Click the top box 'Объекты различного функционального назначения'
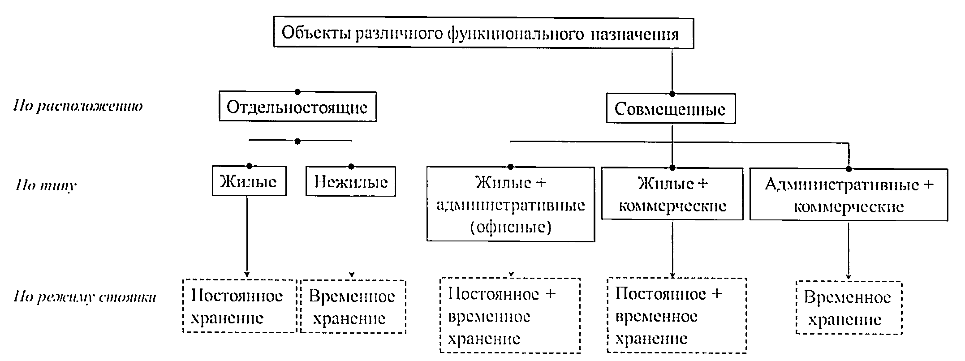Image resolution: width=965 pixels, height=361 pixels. tap(483, 34)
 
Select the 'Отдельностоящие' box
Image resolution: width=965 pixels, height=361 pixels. tap(297, 107)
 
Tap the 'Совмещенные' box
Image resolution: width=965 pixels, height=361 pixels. tap(670, 109)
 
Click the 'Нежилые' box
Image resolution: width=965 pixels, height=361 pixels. tap(350, 182)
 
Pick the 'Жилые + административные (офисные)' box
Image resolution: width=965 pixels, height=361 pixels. tap(510, 205)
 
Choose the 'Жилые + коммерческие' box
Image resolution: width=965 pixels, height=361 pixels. tap(672, 194)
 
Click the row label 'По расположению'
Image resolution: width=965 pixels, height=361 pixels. tap(78, 107)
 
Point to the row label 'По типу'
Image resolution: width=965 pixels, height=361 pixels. tap(46, 185)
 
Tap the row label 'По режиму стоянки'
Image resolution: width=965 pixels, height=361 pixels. tap(85, 297)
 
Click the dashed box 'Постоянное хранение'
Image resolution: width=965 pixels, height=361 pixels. tap(239, 306)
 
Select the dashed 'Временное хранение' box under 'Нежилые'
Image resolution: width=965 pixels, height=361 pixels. tap(353, 307)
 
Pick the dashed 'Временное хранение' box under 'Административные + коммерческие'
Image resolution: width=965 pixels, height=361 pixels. tap(848, 308)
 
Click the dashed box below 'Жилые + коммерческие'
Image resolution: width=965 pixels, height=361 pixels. tap(676, 315)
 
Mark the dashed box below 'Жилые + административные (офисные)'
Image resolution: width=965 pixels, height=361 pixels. tap(510, 316)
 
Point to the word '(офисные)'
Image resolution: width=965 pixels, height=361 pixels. tap(510, 227)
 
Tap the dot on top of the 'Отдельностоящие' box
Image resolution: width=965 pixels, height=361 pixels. tap(297, 92)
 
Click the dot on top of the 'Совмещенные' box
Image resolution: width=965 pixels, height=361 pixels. tap(672, 94)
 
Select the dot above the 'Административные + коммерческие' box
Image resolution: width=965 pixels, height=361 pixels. tap(849, 169)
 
